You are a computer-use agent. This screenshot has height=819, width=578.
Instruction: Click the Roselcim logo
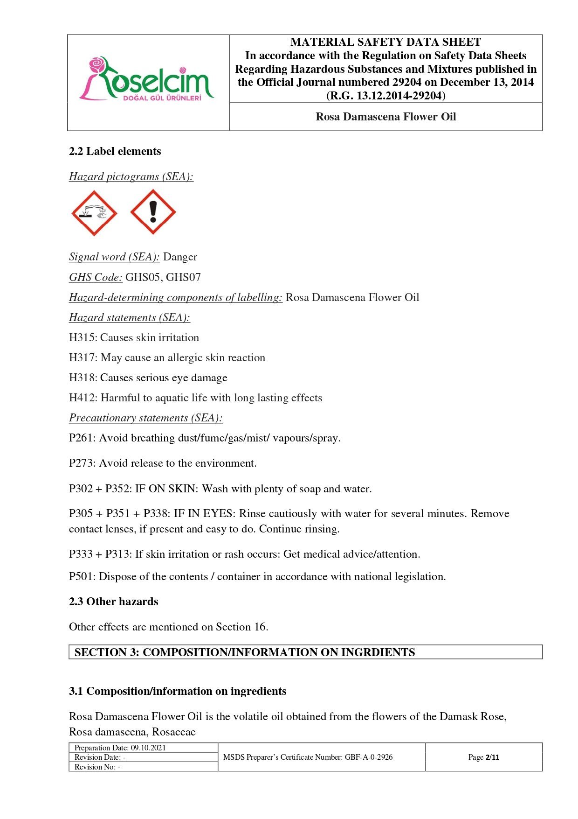[147, 79]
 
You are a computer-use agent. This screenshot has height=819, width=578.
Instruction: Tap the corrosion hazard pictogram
[94, 213]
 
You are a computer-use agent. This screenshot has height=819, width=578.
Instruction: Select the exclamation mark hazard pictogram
[153, 212]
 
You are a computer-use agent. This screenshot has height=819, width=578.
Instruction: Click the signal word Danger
[180, 257]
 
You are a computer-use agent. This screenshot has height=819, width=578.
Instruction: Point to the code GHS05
[143, 278]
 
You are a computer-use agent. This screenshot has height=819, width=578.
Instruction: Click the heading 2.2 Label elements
[115, 152]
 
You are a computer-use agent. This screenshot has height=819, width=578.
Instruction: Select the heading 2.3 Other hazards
[113, 602]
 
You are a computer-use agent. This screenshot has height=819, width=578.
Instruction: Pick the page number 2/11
[492, 757]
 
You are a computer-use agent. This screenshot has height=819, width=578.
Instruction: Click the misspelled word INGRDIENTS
[378, 652]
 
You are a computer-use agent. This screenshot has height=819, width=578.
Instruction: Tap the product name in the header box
[385, 117]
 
